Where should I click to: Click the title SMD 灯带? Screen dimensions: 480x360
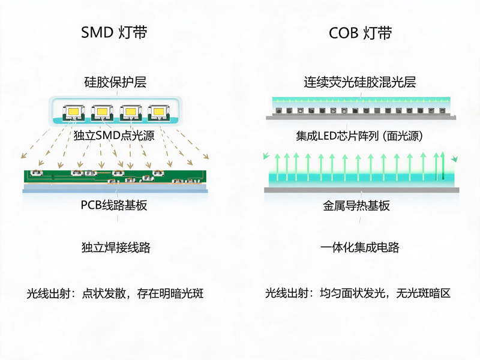click(x=114, y=32)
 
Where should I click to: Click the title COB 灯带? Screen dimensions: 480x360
click(x=361, y=33)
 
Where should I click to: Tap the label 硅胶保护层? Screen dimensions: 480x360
click(x=115, y=82)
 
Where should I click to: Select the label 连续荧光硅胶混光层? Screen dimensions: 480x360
click(x=359, y=82)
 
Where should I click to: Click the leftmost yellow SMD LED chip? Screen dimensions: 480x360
click(x=73, y=112)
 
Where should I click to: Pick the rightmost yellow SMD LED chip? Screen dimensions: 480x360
click(x=158, y=112)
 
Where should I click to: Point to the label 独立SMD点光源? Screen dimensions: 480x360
click(x=114, y=136)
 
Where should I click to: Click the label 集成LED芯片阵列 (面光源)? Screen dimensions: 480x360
click(x=359, y=136)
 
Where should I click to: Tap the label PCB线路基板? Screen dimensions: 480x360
click(x=114, y=205)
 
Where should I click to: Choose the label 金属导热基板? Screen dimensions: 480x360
click(x=356, y=205)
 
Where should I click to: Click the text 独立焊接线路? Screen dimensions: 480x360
click(x=116, y=247)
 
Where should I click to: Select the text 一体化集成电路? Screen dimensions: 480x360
click(x=360, y=247)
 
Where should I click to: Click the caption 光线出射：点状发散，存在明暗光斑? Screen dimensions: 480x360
click(x=115, y=293)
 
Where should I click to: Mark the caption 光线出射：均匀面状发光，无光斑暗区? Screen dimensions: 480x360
click(x=358, y=293)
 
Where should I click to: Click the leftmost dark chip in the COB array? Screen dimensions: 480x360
click(x=278, y=111)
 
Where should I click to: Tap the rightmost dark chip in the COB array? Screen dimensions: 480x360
click(x=442, y=111)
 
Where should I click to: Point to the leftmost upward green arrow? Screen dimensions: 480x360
click(x=277, y=167)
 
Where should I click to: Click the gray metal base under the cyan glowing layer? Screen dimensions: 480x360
click(x=362, y=190)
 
